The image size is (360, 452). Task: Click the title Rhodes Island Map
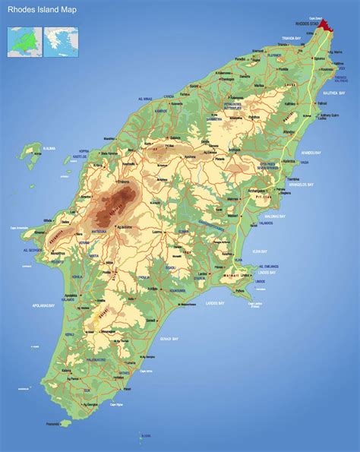click(39, 10)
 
